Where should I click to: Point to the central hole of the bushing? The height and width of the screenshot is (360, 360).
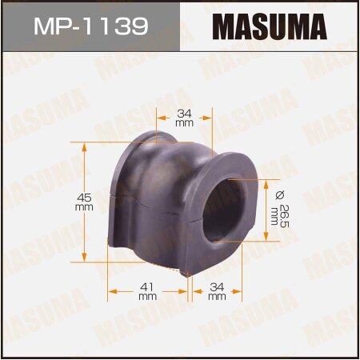click(226, 211)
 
